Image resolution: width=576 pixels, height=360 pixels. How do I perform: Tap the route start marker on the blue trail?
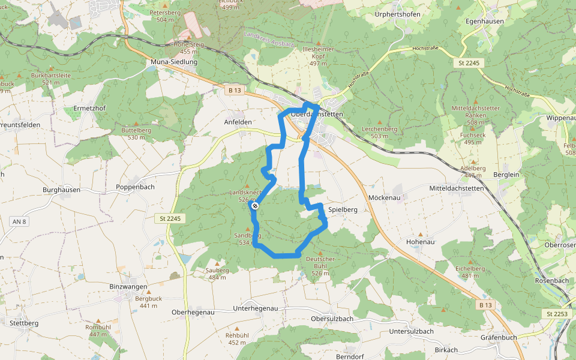(255, 206)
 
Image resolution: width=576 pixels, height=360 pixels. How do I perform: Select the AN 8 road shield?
(19, 221)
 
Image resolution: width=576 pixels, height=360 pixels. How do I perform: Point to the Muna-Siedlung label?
(173, 62)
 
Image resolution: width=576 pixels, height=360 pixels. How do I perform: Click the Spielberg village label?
(343, 210)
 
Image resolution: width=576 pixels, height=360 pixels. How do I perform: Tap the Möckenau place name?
(384, 197)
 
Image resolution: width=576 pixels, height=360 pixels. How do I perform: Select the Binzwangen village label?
(128, 287)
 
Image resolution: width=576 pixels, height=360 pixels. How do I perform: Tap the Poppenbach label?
(135, 187)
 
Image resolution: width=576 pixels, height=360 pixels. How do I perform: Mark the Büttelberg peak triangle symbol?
(136, 123)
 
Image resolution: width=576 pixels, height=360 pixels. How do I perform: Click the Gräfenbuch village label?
(499, 337)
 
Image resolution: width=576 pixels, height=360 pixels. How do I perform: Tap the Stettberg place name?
(24, 323)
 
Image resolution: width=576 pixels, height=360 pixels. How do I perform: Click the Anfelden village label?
(238, 122)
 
